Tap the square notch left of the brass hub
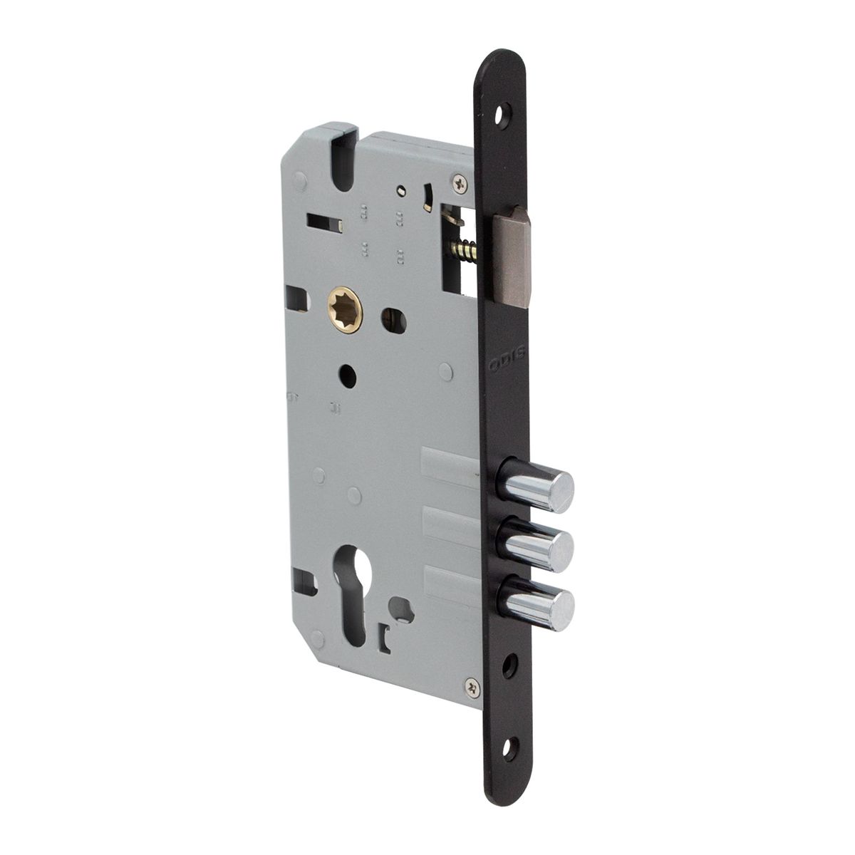click(x=299, y=299)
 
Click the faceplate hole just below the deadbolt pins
click(x=507, y=665)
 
